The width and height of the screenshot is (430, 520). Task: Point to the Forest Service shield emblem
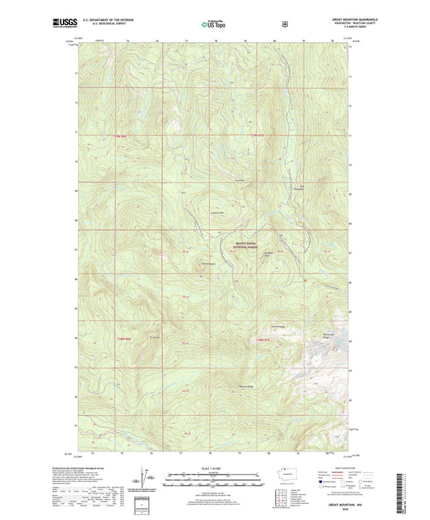click(x=284, y=24)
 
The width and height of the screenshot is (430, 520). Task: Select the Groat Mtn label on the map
click(x=153, y=336)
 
